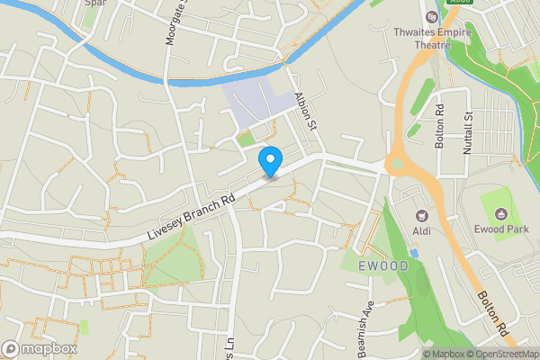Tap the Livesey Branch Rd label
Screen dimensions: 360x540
click(x=190, y=218)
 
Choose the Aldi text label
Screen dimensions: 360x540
click(x=420, y=230)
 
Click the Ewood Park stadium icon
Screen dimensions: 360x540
click(x=501, y=212)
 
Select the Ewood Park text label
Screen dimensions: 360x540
click(x=501, y=229)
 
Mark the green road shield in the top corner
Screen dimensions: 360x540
click(x=459, y=2)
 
